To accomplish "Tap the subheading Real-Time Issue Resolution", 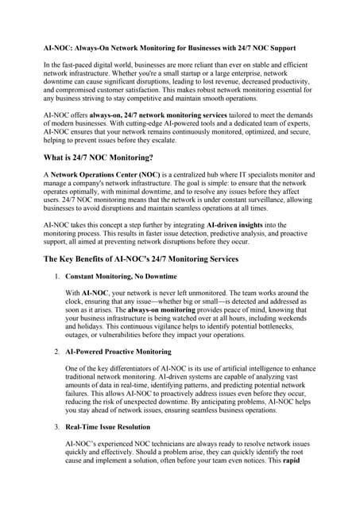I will [111, 425].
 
